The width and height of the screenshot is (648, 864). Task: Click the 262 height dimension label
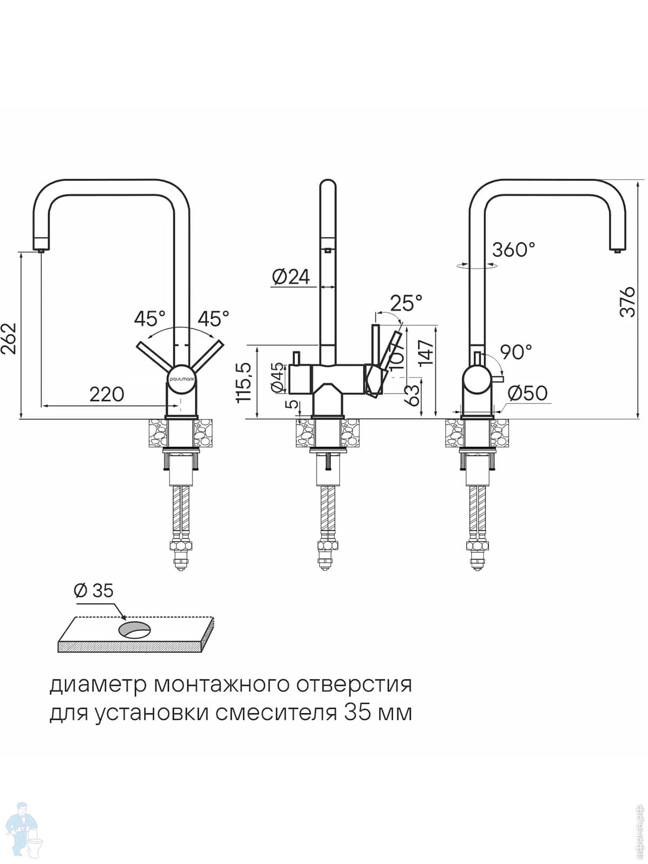pos(9,338)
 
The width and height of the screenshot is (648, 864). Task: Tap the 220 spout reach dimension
pos(106,394)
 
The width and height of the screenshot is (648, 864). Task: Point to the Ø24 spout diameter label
pos(291,277)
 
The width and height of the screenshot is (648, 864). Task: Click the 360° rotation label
pos(514,249)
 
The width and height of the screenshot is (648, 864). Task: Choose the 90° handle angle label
pos(516,352)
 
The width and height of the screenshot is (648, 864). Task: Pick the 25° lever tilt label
pos(406,303)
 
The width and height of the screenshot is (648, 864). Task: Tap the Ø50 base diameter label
pos(528,393)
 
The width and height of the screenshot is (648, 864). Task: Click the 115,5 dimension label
pos(244,381)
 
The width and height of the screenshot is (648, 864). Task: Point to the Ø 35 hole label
pos(93,590)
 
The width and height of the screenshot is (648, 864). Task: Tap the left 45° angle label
pos(150,319)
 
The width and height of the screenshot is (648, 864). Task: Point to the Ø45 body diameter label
pos(276,377)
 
